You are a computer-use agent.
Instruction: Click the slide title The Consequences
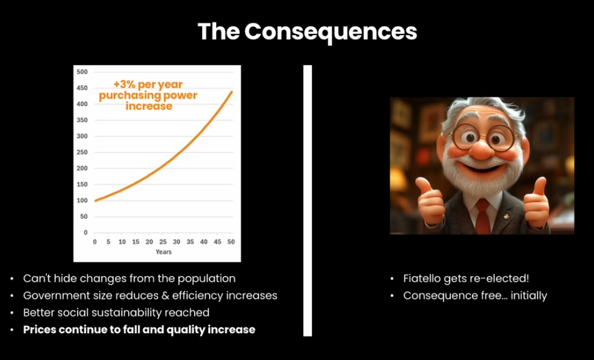pyautogui.click(x=307, y=32)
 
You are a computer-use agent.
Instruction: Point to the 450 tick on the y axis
pyautogui.click(x=82, y=88)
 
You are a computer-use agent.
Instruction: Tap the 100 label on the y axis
pyautogui.click(x=82, y=200)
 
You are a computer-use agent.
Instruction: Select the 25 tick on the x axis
pyautogui.click(x=163, y=241)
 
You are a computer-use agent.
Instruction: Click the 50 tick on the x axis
pyautogui.click(x=231, y=241)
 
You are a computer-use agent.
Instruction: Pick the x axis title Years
pyautogui.click(x=164, y=252)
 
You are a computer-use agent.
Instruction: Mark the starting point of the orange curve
pyautogui.click(x=95, y=201)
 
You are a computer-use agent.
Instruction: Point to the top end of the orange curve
pyautogui.click(x=231, y=91)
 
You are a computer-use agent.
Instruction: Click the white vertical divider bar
pyautogui.click(x=308, y=201)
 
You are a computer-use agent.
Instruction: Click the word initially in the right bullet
pyautogui.click(x=529, y=296)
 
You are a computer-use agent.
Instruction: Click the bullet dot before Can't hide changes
pyautogui.click(x=12, y=279)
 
